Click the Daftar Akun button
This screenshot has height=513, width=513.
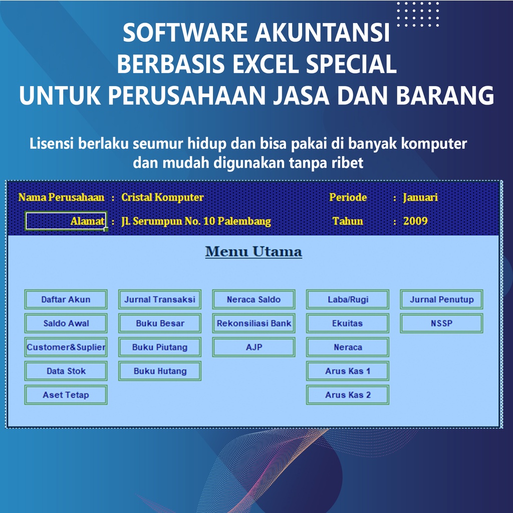66,300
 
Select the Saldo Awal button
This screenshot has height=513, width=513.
66,324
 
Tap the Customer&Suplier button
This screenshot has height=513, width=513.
66,347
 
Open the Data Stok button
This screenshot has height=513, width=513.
66,371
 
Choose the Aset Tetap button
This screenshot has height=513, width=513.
66,395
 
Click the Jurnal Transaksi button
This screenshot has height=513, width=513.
160,300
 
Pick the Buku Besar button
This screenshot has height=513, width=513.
160,324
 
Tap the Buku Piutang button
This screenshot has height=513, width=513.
160,347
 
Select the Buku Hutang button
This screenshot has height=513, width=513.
160,371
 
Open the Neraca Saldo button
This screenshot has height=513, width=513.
253,300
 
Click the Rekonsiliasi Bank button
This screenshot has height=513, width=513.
253,324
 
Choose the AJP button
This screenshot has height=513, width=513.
253,347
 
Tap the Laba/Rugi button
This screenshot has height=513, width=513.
348,300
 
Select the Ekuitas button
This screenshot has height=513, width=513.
348,324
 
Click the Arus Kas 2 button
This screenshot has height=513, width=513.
348,395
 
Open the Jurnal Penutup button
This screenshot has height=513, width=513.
441,300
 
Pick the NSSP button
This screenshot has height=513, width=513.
441,324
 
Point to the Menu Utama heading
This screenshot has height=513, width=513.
253,251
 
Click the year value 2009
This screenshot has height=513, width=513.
415,221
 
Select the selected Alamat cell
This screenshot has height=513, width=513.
66,221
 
